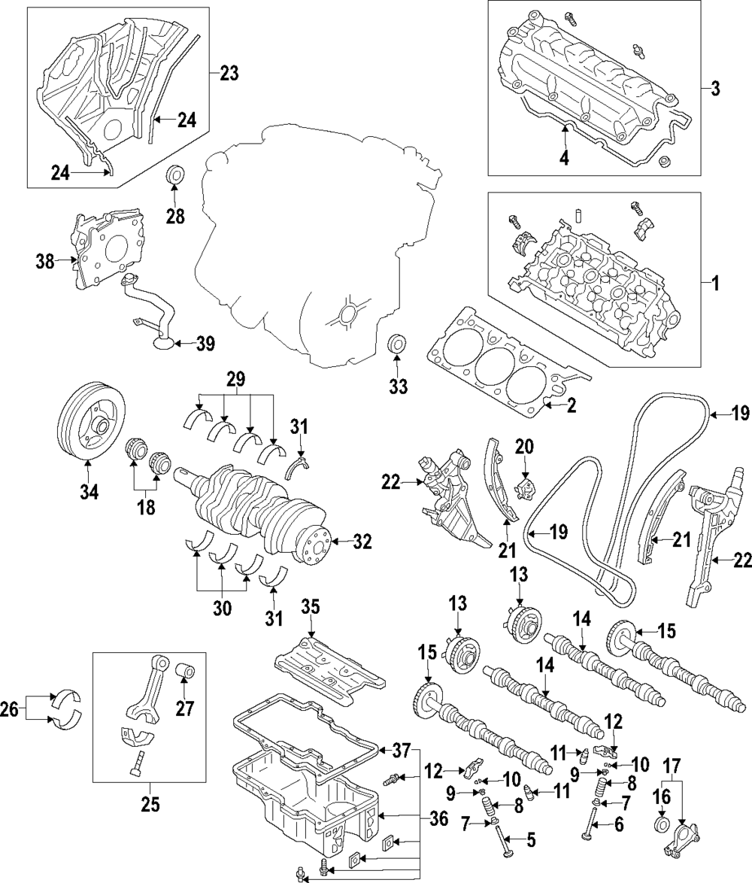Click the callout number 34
pos(89,492)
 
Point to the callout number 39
pos(205,343)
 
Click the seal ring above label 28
pos(175,175)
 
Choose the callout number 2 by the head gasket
pos(572,405)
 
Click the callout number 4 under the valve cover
pos(564,158)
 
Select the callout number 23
pos(229,73)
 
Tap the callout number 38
pos(46,261)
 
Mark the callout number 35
pos(310,606)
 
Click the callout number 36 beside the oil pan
pos(438,819)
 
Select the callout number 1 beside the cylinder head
pos(715,283)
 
